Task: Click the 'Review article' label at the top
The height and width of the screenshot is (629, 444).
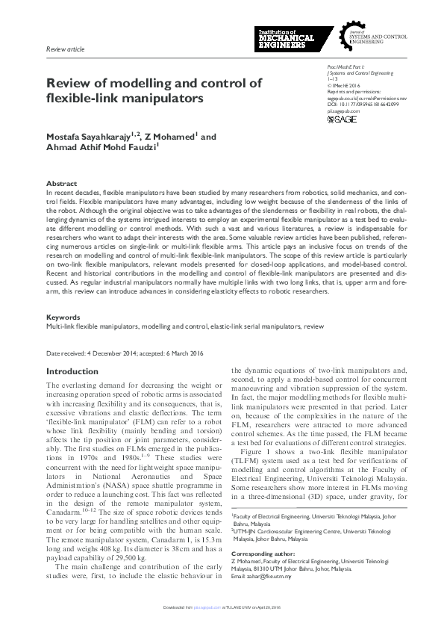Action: pyautogui.click(x=65, y=49)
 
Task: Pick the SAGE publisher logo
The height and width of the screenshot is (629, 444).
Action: pyautogui.click(x=343, y=120)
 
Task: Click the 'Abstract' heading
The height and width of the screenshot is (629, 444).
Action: pyautogui.click(x=61, y=183)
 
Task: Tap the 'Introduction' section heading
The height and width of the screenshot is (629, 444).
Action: pyautogui.click(x=72, y=371)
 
